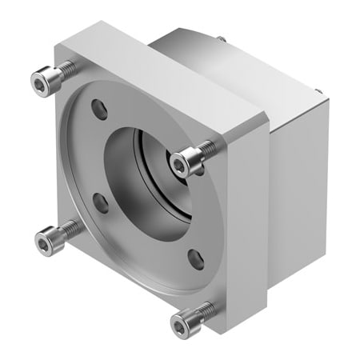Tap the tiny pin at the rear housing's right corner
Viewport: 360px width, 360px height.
pos(321,92)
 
